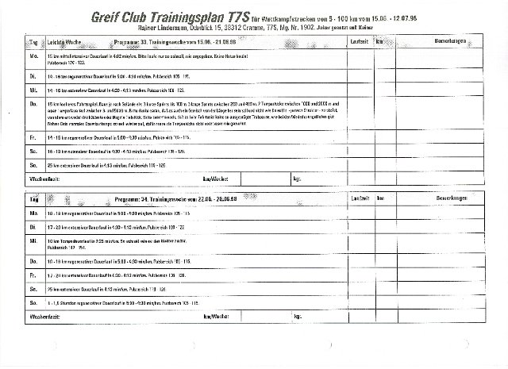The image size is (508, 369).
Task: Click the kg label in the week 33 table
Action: (x=296, y=179)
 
